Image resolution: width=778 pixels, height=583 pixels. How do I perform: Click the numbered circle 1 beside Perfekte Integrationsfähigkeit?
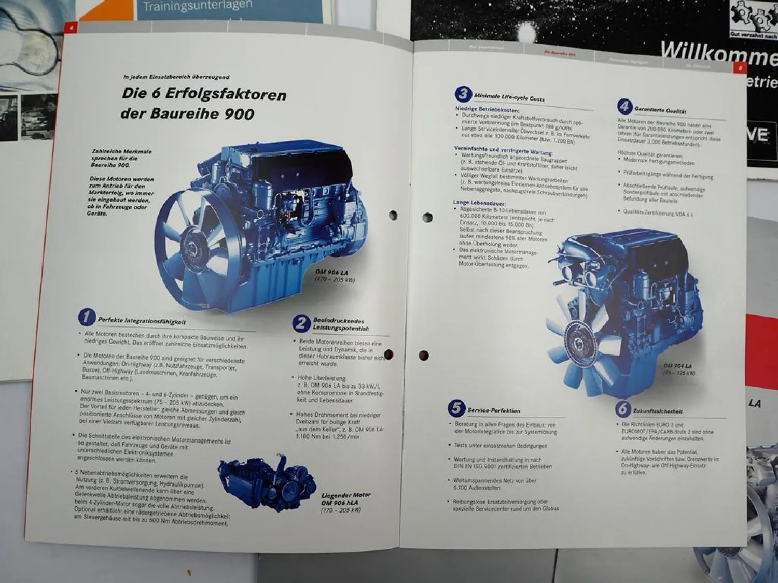87,318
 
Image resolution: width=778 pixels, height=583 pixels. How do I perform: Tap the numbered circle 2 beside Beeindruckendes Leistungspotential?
301,323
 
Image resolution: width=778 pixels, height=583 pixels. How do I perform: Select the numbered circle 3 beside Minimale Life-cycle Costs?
463,94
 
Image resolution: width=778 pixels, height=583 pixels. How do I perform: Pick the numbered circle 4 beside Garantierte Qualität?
624,107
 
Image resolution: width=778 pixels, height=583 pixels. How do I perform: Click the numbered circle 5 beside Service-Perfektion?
456,408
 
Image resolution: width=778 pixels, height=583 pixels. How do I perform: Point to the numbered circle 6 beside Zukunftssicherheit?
623,409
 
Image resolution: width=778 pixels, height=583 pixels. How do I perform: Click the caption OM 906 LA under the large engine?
332,272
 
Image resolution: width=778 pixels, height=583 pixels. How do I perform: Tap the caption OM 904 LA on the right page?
678,366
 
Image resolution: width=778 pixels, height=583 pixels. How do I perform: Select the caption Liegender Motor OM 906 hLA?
345,499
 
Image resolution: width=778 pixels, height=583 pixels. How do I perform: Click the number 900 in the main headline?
239,114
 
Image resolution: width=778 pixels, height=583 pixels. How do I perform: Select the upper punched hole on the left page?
393,215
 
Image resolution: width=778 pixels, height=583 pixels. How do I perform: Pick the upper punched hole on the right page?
427,218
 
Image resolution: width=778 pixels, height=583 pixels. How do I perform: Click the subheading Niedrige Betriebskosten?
487,110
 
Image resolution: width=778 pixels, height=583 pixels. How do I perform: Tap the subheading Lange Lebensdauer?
479,203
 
